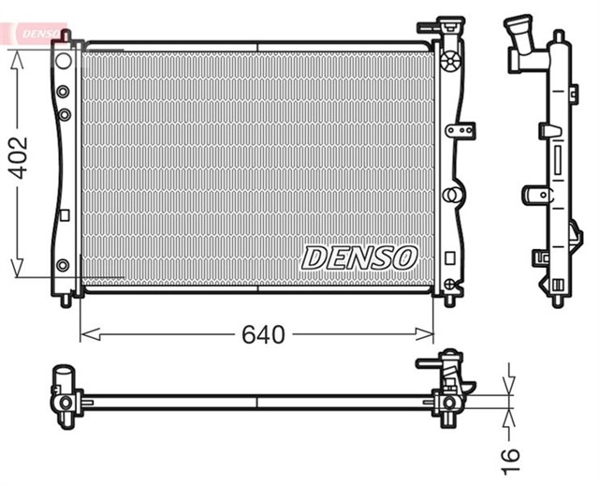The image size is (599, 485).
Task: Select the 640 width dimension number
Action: coord(262,334)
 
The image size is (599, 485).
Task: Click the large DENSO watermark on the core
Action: coord(358,257)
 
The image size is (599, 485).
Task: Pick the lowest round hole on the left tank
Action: coord(63,265)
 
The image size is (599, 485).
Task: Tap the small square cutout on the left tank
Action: coord(64,215)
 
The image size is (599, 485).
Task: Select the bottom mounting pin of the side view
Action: coord(559,298)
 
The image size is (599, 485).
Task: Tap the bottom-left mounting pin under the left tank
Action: coord(66,301)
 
